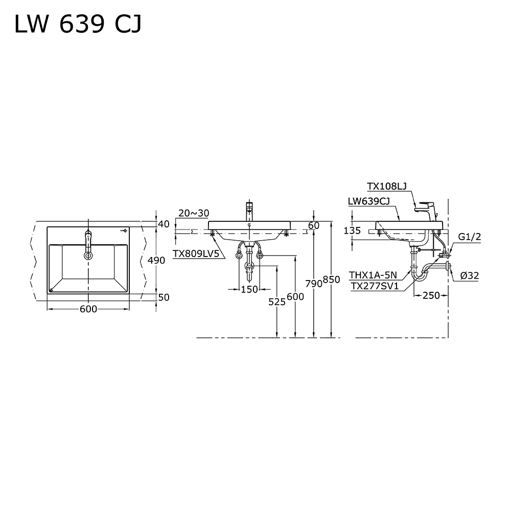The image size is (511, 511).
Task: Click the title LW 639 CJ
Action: (x=78, y=25)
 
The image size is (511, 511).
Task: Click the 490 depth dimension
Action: (x=156, y=260)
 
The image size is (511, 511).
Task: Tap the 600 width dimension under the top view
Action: (x=88, y=309)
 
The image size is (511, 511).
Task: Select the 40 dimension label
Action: (x=164, y=224)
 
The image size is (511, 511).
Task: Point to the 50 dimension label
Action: (x=164, y=297)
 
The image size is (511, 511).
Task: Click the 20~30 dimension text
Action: (x=194, y=213)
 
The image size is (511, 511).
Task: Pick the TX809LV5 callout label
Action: (x=196, y=253)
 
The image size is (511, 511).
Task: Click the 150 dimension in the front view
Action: (x=249, y=289)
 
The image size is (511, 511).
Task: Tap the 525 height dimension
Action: (x=276, y=302)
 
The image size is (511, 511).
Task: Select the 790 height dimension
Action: (x=314, y=284)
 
